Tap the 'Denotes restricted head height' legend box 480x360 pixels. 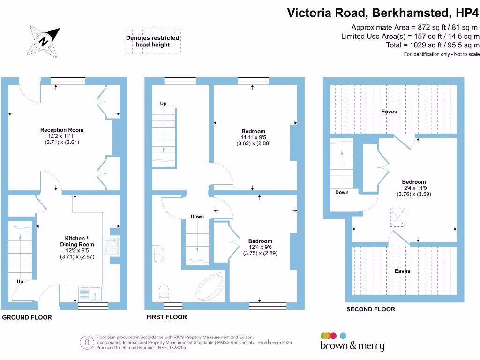point(153,42)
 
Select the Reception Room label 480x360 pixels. point(62,130)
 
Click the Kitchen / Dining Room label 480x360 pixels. point(77,241)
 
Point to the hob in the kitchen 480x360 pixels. point(111,246)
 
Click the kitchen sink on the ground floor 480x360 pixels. point(90,293)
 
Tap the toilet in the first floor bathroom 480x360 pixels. point(164,292)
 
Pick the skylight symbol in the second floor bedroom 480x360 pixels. point(397,217)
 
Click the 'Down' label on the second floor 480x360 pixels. point(342,192)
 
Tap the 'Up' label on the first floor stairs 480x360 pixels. point(164,104)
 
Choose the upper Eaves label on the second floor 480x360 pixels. point(389,112)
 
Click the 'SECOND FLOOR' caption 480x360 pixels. point(371,309)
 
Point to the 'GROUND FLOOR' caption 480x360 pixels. point(27,317)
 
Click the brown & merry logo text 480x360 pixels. point(352,346)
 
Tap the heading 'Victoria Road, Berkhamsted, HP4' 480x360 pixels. point(382,13)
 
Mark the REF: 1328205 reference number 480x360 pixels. point(172,348)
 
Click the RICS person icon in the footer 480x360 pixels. point(87,343)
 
